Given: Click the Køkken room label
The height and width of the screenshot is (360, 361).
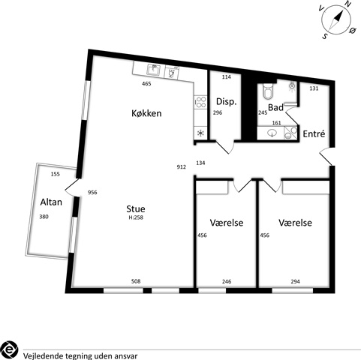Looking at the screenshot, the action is click(146, 113).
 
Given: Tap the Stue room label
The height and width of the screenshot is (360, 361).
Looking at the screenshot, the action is click(136, 208).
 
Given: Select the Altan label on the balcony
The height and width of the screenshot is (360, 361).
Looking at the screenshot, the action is click(51, 202).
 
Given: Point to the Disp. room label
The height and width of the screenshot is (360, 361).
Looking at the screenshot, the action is click(226, 102).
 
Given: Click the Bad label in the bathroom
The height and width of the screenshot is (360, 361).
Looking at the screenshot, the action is click(275, 107).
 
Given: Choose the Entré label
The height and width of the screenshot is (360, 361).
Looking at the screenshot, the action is click(314, 133).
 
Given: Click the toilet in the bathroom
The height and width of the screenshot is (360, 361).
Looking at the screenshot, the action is click(268, 91).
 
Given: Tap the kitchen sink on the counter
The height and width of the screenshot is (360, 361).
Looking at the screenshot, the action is click(153, 70).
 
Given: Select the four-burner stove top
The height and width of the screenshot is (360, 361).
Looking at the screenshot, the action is click(200, 102).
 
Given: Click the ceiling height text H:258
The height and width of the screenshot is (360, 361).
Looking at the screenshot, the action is click(136, 217).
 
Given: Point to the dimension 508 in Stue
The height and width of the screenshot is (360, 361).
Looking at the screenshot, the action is click(136, 281).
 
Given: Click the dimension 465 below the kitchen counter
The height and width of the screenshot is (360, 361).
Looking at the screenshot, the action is click(146, 84).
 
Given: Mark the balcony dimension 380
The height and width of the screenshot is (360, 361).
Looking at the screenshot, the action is click(44, 217).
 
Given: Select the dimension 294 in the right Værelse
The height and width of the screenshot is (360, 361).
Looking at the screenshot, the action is click(296, 282).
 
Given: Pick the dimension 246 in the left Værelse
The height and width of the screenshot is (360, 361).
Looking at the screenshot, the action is click(227, 282).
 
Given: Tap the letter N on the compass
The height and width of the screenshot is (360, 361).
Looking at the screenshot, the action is click(347, 4).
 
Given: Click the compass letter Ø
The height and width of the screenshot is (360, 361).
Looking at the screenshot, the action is click(353, 31).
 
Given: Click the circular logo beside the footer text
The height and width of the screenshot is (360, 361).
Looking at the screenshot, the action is click(10, 349).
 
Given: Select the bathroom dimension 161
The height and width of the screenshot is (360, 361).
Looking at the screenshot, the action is click(276, 123).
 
